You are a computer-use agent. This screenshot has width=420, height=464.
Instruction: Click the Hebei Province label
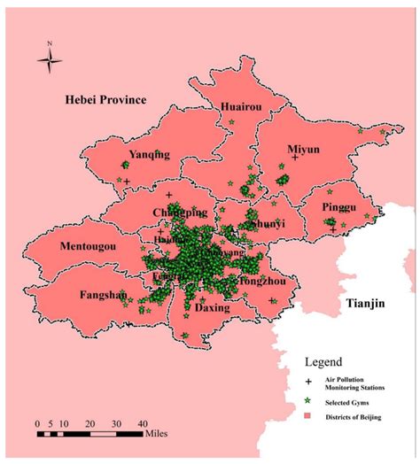[105, 99]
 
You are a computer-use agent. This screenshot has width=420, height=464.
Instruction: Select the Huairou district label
[240, 107]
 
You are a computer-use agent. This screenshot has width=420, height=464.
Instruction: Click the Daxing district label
[212, 308]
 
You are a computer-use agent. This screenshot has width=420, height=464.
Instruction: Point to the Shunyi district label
[267, 225]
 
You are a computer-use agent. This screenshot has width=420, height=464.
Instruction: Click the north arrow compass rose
[51, 59]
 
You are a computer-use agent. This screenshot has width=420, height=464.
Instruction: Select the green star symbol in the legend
[308, 401]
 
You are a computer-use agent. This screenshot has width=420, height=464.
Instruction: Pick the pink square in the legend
[308, 417]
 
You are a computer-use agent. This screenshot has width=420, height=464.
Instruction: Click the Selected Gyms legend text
[350, 402]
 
